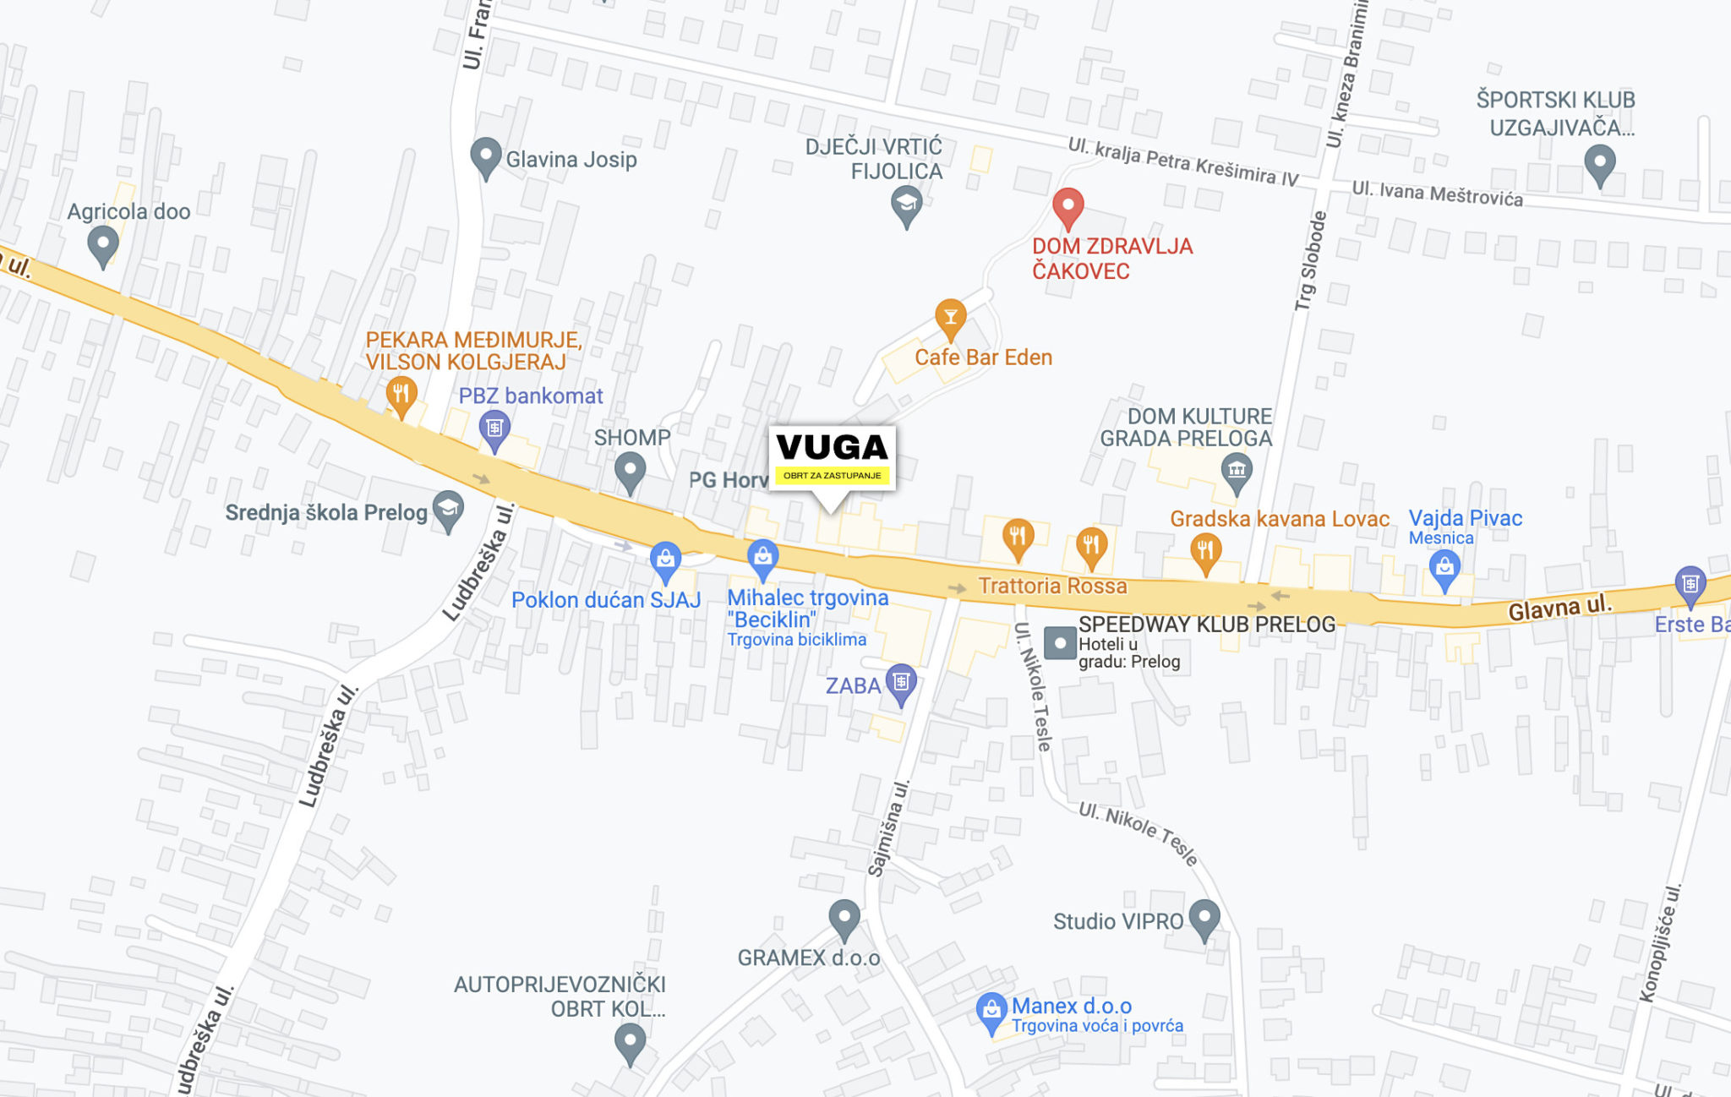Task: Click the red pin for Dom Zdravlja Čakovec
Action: coord(1068,206)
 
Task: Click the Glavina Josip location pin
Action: coord(485,156)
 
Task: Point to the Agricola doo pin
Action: coord(102,244)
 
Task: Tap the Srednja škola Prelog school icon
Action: coord(448,510)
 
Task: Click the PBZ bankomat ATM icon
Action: coord(494,428)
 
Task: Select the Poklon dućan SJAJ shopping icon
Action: coord(665,560)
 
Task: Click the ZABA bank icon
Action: coord(901,682)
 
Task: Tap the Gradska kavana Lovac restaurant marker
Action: coord(1205,552)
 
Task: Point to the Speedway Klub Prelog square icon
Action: coord(1060,642)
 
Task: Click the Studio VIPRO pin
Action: coord(1204,918)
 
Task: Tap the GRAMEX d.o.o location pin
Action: coord(844,918)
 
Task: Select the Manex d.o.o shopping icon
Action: coord(991,1011)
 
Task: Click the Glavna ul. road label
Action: coord(1559,606)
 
